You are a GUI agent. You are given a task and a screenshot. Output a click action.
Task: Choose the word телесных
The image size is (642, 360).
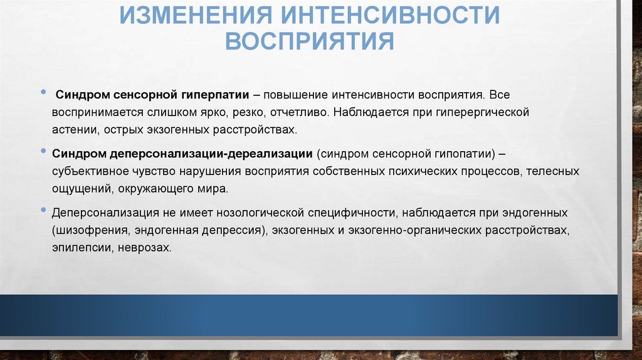[552, 171]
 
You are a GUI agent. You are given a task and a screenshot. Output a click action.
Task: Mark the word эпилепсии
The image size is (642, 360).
[77, 247]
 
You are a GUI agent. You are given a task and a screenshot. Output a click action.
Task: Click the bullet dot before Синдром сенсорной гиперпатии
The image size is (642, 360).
[42, 93]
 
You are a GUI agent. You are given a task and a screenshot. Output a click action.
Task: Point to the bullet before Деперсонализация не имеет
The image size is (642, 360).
[42, 209]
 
